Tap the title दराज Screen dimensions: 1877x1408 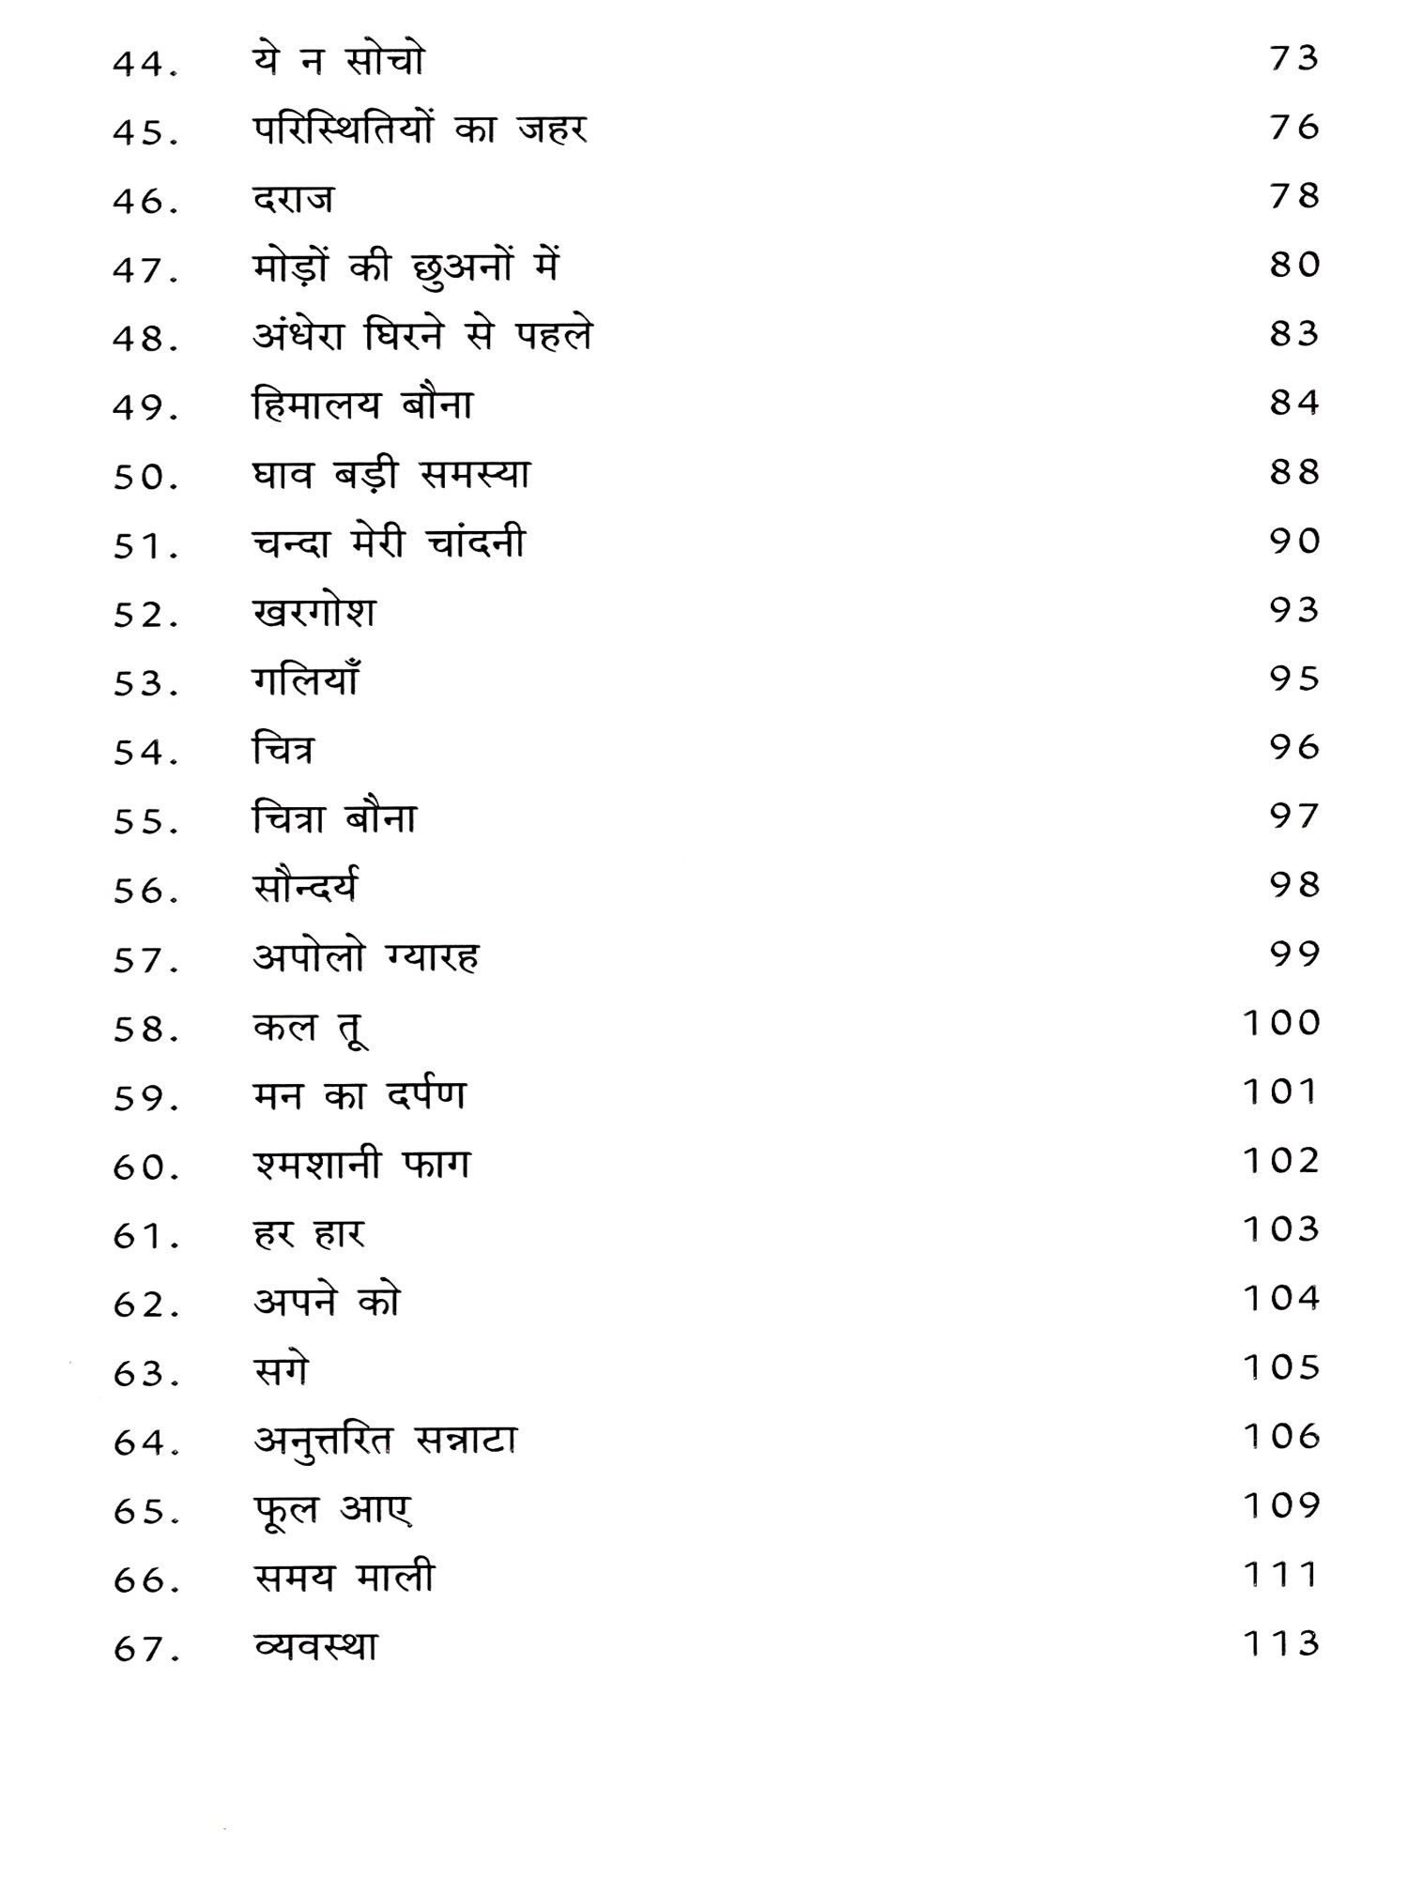pyautogui.click(x=293, y=199)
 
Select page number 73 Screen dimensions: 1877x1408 pyautogui.click(x=1293, y=59)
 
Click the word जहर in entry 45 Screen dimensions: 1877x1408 pyautogui.click(x=552, y=130)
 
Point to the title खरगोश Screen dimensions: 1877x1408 pyautogui.click(x=314, y=612)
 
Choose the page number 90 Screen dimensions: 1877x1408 pyautogui.click(x=1293, y=542)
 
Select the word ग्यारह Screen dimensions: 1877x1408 pyautogui.click(x=432, y=957)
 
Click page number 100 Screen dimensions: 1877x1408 pyautogui.click(x=1281, y=1022)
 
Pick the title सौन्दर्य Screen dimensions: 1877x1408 pyautogui.click(x=306, y=888)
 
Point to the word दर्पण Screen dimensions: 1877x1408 pyautogui.click(x=426, y=1096)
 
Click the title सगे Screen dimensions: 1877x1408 pyautogui.click(x=281, y=1371)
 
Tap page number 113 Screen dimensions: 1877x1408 pyautogui.click(x=1281, y=1643)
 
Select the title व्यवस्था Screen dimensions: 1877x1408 pyautogui.click(x=315, y=1648)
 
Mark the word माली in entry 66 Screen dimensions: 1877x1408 pyautogui.click(x=395, y=1578)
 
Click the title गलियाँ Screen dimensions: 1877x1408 pyautogui.click(x=306, y=679)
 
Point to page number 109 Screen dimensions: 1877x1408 pyautogui.click(x=1281, y=1505)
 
